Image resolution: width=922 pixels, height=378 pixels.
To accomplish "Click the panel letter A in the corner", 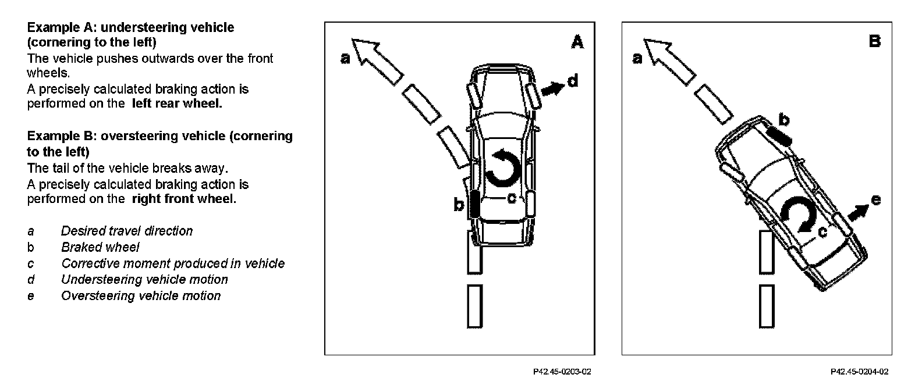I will click(x=577, y=42).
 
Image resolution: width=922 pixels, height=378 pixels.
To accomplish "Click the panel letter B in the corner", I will click(x=874, y=41).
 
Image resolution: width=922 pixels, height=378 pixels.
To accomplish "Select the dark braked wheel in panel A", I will click(x=474, y=204).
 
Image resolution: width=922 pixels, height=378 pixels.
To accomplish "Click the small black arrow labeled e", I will click(x=857, y=212).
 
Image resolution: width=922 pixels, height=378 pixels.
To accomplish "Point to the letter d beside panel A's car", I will click(x=573, y=81).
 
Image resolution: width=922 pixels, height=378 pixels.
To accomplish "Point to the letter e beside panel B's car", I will click(x=875, y=201).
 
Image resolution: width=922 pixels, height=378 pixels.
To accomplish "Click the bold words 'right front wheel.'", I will click(x=184, y=199).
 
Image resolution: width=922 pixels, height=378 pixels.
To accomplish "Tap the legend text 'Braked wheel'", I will click(x=100, y=247).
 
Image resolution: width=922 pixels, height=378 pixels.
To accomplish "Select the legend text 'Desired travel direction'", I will click(x=127, y=231).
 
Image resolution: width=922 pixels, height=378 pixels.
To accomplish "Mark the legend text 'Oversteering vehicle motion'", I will click(x=141, y=296).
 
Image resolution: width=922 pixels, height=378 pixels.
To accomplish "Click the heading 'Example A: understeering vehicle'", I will click(x=130, y=27).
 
